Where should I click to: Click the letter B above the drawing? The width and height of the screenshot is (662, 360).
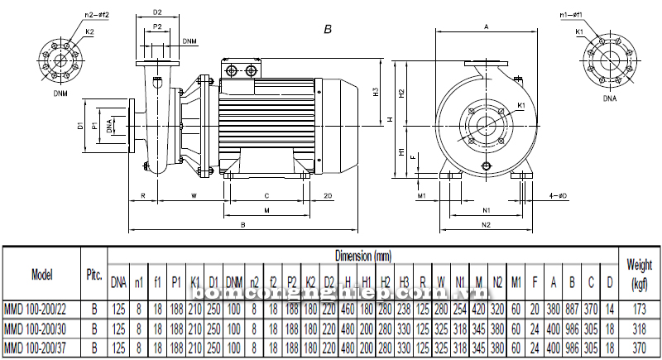[328, 29]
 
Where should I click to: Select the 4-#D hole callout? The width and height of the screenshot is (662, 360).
[558, 196]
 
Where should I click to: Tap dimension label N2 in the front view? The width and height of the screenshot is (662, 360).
[486, 225]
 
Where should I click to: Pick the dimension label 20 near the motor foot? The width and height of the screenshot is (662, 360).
[328, 196]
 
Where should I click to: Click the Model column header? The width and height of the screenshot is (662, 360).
[42, 274]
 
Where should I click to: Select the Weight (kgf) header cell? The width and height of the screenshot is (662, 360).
[638, 274]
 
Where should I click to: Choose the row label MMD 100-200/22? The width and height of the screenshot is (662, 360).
[41, 309]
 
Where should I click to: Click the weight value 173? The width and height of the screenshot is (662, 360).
[638, 309]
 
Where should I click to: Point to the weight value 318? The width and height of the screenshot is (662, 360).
[638, 329]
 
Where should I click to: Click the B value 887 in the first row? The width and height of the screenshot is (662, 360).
[571, 309]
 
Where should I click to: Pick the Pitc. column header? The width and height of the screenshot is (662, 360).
[94, 274]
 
